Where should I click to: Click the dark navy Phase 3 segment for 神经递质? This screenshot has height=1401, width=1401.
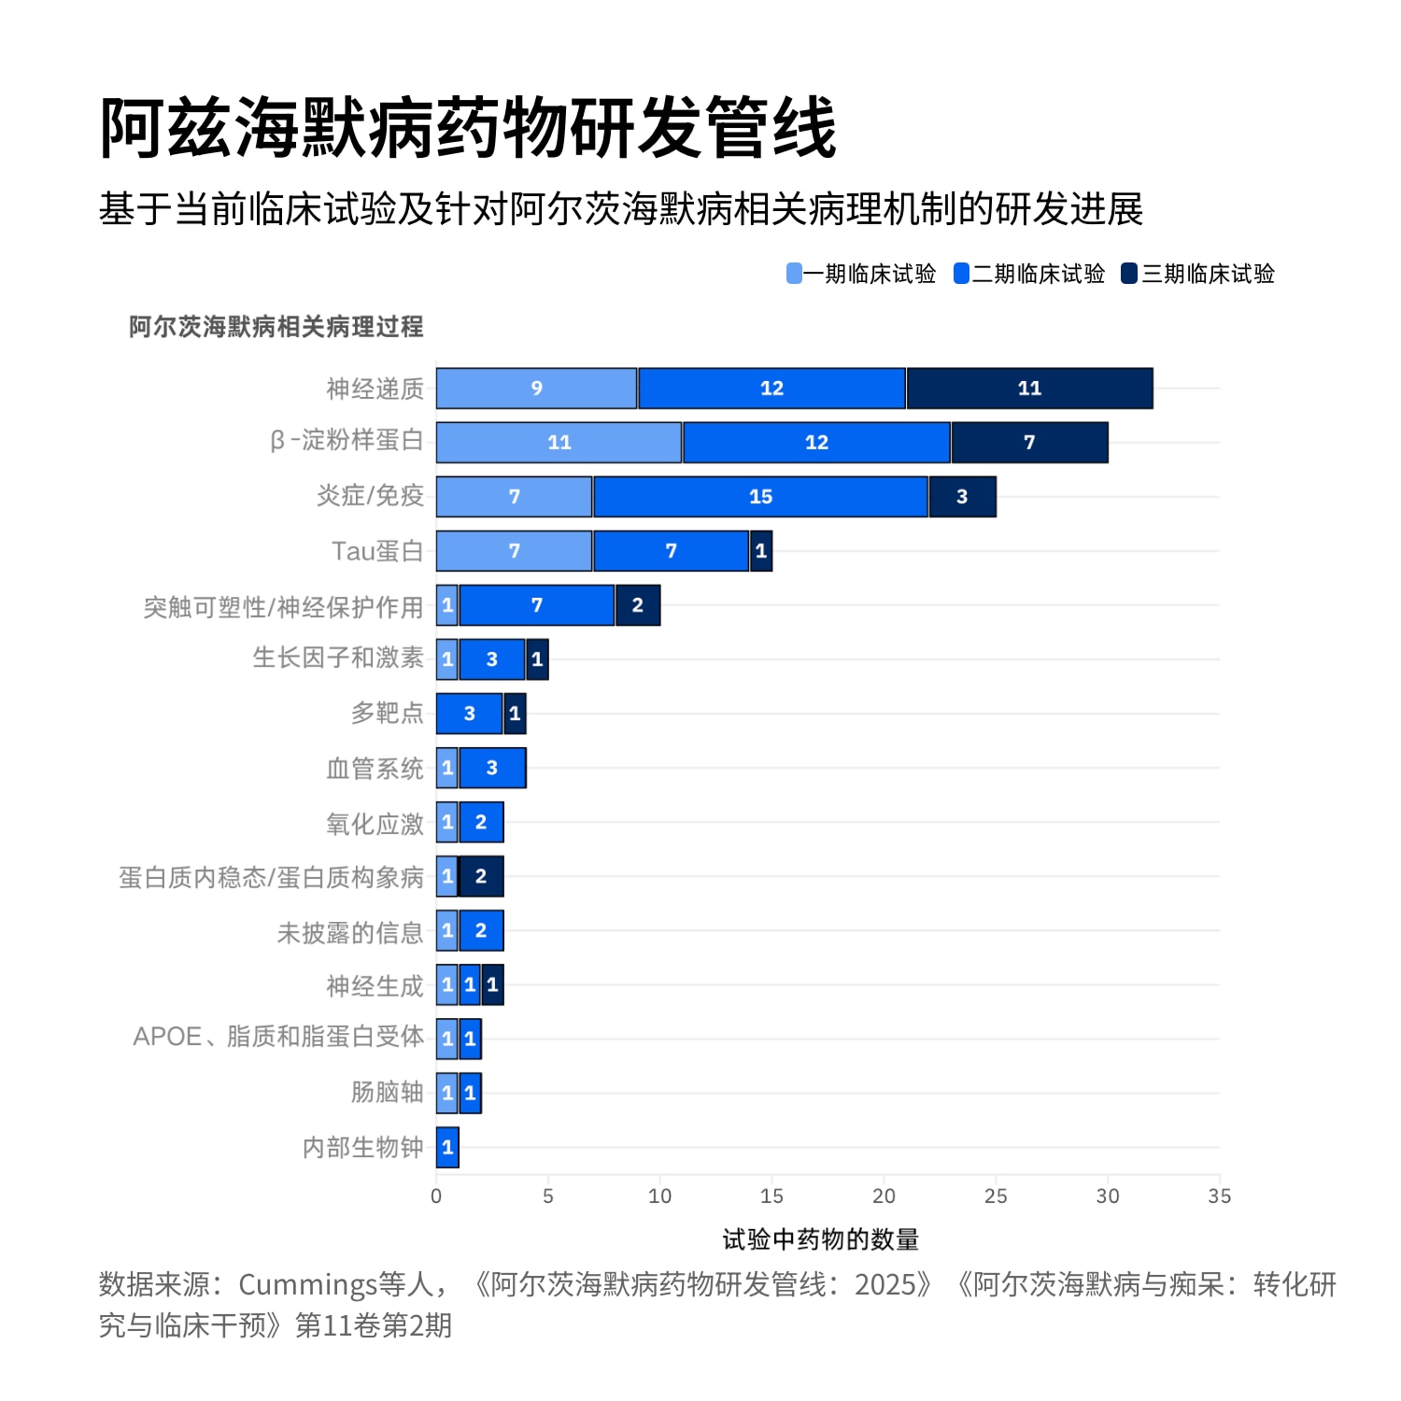pos(1029,389)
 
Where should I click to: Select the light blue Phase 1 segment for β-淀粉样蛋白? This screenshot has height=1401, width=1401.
pos(559,443)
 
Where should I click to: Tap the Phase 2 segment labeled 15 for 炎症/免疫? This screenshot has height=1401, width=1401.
pos(760,497)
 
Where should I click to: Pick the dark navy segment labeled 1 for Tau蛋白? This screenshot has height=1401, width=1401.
pos(761,551)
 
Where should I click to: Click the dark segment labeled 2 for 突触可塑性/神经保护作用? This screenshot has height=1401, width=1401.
pos(638,605)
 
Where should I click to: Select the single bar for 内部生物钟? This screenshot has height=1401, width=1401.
pos(447,1147)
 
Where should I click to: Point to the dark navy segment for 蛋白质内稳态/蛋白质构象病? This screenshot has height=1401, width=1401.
pos(481,876)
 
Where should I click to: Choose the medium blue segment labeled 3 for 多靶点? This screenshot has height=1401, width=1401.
pos(469,714)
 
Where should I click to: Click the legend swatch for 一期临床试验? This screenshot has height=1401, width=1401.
pos(794,274)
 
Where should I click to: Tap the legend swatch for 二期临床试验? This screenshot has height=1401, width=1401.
pos(961,274)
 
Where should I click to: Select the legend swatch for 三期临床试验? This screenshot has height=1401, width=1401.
pos(1129,274)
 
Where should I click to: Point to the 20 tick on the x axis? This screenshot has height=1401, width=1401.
pos(884,1196)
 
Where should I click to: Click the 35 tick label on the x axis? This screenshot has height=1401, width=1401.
pos(1219,1196)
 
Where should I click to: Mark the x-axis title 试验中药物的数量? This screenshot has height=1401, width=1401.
pos(821,1240)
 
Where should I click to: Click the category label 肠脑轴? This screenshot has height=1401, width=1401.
pos(387,1092)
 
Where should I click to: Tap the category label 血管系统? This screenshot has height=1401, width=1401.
pos(375,768)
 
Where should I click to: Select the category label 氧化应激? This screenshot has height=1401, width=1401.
pos(375,823)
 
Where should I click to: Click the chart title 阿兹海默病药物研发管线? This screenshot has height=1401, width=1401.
pos(467,128)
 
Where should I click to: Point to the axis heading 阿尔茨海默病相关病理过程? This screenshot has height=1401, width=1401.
pos(276,327)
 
